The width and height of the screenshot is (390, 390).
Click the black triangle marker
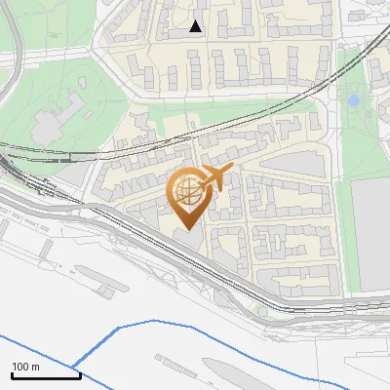pyautogui.click(x=196, y=26)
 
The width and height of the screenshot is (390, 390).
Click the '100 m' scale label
pyautogui.click(x=25, y=367)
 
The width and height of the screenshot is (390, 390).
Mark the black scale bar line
pyautogui.click(x=45, y=375)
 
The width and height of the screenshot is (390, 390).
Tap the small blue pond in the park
pyautogui.click(x=353, y=99)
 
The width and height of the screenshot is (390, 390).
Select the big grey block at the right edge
pyautogui.click(x=371, y=234)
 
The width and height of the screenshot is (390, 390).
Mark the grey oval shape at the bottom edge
pyautogui.click(x=234, y=375)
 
